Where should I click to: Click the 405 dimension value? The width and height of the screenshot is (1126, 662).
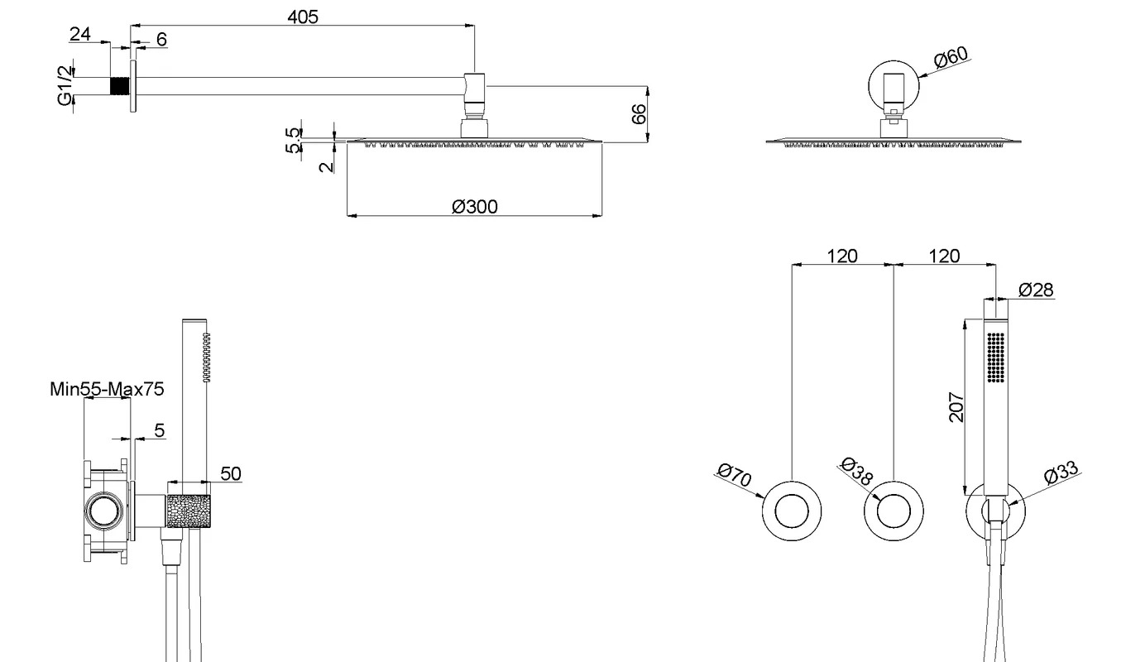(x=303, y=17)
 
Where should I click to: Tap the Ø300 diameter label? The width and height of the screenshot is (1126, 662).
(x=475, y=207)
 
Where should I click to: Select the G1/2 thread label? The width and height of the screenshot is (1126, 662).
(x=65, y=85)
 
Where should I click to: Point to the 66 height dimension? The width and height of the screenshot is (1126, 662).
(x=639, y=114)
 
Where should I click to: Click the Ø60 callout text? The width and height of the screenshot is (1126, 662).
(x=951, y=57)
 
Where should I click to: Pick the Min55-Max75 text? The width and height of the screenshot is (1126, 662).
(x=107, y=389)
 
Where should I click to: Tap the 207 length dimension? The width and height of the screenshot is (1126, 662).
(x=956, y=407)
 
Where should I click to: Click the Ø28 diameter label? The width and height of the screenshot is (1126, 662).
(x=1036, y=290)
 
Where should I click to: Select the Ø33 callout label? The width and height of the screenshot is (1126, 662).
(x=1061, y=473)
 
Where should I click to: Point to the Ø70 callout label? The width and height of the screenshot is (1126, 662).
(x=735, y=474)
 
